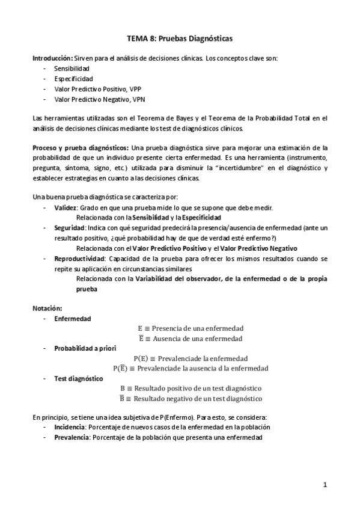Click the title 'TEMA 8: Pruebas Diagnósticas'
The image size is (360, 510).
(x=180, y=38)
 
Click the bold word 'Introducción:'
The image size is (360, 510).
(x=52, y=58)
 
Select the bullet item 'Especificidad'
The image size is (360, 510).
(x=74, y=79)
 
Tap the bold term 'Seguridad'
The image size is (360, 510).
(x=69, y=228)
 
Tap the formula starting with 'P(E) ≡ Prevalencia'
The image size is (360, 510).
(x=190, y=358)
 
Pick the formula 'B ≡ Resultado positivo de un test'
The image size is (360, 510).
(x=191, y=388)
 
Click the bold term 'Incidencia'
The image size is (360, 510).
(x=69, y=427)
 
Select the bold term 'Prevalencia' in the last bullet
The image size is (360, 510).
(x=71, y=437)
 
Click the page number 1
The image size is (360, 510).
(x=324, y=484)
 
